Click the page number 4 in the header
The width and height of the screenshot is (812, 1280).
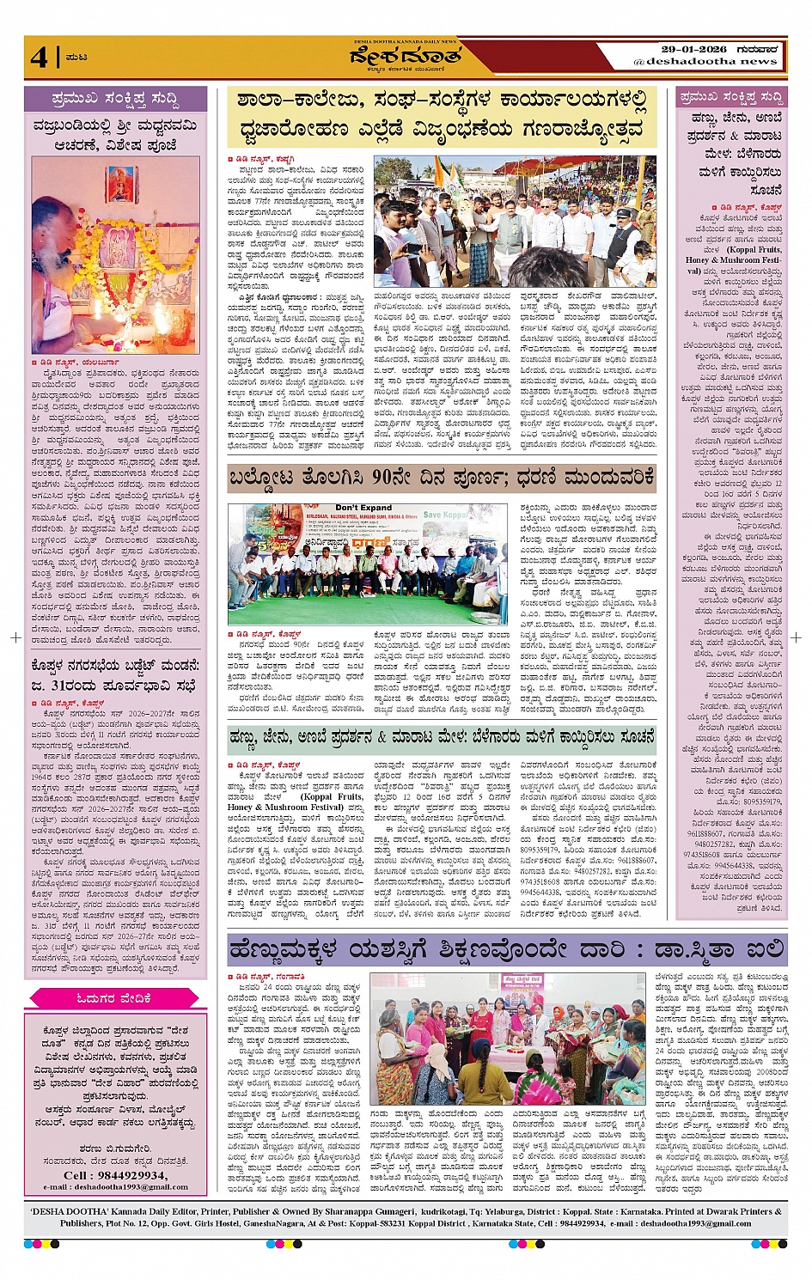(x=39, y=57)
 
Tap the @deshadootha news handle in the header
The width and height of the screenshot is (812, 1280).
(x=705, y=62)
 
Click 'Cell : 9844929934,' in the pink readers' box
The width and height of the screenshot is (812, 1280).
(x=115, y=1175)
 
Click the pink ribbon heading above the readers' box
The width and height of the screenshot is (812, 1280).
(x=114, y=997)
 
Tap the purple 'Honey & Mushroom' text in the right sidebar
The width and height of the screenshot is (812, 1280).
(x=732, y=260)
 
